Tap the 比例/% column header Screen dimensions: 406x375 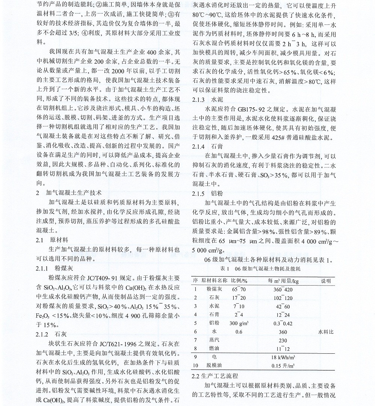click(x=239, y=281)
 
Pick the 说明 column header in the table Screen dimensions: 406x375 click(x=325, y=281)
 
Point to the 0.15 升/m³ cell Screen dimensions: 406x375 click(x=283, y=365)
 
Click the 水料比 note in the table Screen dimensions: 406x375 click(x=325, y=332)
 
